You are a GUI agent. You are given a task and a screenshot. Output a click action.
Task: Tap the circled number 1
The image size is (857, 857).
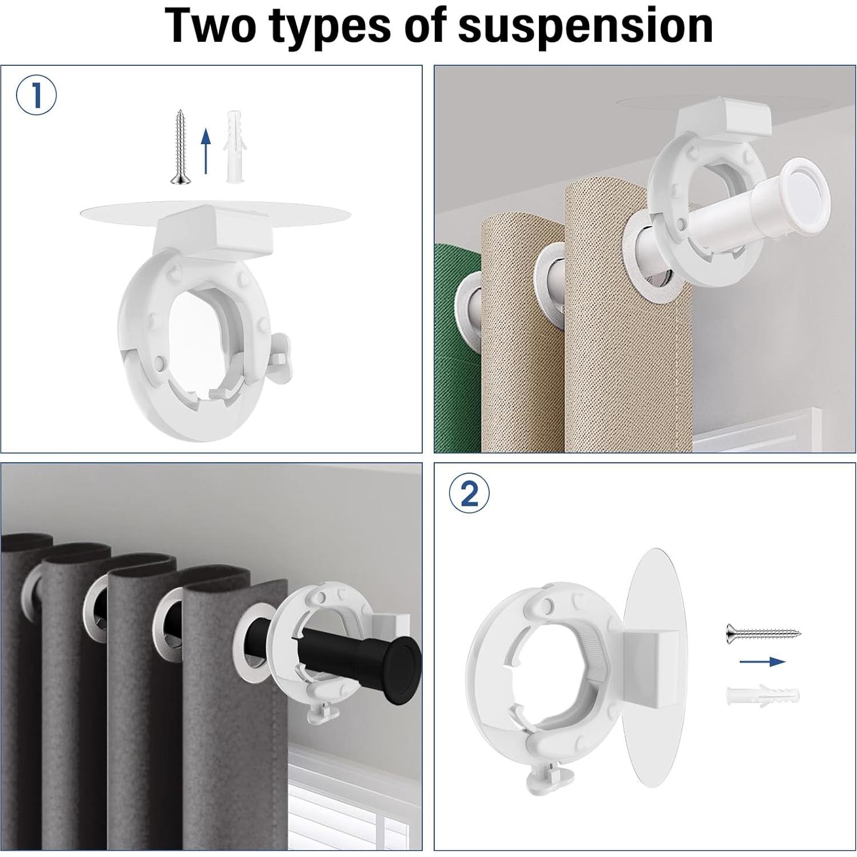pyautogui.click(x=36, y=96)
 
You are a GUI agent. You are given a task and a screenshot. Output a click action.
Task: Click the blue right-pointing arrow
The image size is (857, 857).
pyautogui.click(x=763, y=662)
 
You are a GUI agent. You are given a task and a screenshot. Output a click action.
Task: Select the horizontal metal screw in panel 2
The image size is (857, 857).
pyautogui.click(x=764, y=632)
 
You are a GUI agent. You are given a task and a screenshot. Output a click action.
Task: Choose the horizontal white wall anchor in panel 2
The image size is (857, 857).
pyautogui.click(x=763, y=695)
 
